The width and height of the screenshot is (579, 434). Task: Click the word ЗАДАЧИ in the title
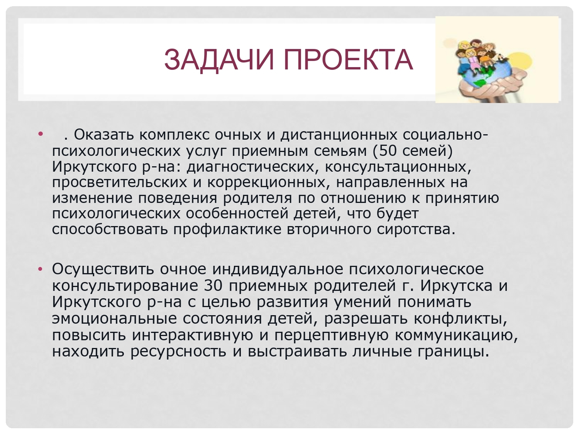pos(219,60)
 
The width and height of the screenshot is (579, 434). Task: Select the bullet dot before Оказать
pos(41,133)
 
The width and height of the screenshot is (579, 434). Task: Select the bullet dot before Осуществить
pos(41,269)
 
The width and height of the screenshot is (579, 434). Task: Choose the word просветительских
pos(120,182)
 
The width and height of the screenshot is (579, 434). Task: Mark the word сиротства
pos(416,230)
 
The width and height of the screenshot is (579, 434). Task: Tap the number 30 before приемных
pos(214,285)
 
